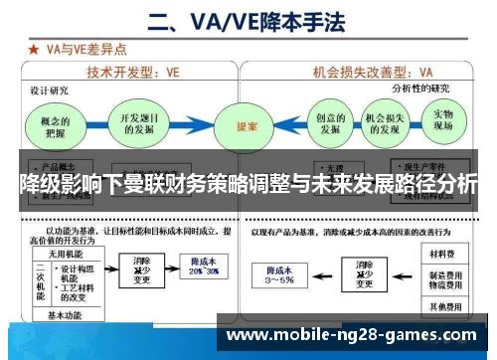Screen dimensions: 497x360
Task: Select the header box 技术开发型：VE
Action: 133,72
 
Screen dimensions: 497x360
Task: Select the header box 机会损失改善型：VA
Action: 373,72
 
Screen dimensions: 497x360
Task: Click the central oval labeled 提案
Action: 248,127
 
